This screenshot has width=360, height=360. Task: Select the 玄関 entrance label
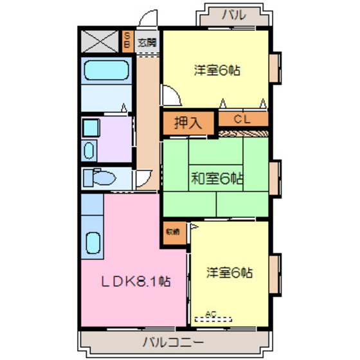click(x=147, y=43)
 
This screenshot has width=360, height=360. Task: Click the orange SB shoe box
click(x=128, y=42)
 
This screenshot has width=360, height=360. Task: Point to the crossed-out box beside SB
click(x=99, y=42)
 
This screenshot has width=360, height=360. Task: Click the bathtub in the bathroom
click(x=106, y=69)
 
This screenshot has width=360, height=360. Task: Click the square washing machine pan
click(x=91, y=127)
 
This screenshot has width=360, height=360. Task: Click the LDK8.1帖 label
click(x=135, y=281)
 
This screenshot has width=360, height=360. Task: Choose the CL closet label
click(x=242, y=119)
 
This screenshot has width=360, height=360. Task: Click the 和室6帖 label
click(x=216, y=179)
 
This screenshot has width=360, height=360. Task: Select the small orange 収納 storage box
click(x=172, y=231)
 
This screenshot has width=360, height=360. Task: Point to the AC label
click(x=210, y=314)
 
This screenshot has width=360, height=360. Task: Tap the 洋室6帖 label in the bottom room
click(x=229, y=273)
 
